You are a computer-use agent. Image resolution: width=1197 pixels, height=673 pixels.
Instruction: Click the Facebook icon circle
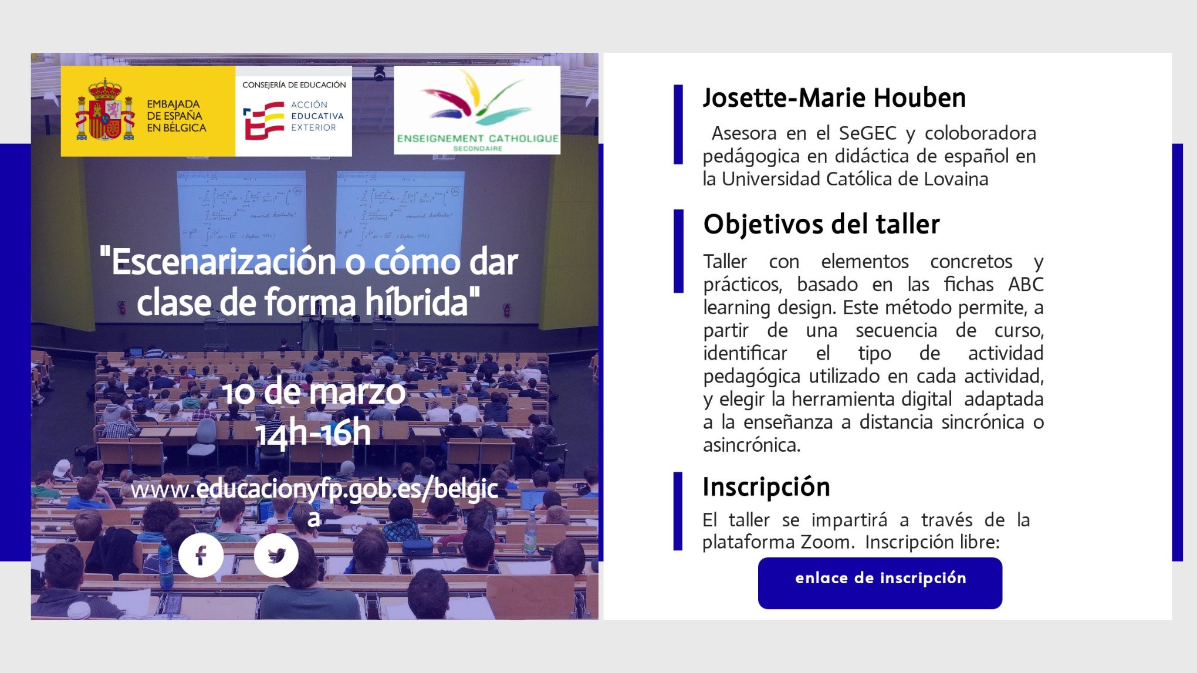[x=201, y=555]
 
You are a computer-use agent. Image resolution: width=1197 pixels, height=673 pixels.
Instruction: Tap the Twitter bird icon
[x=276, y=555]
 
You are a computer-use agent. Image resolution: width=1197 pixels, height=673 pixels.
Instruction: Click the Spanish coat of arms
[x=105, y=111]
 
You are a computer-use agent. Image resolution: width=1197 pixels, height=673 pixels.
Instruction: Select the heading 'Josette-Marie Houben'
[x=834, y=98]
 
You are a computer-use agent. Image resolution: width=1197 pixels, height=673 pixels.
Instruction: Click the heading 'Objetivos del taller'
[x=821, y=225]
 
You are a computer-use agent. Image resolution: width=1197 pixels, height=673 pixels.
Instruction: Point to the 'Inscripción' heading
[x=766, y=487]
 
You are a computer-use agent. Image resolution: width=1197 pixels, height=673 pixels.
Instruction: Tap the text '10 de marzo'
[x=314, y=392]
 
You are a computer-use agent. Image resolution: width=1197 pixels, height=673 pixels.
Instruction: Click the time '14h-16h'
[x=313, y=434]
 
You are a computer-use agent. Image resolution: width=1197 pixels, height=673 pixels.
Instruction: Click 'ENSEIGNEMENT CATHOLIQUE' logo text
[x=477, y=138]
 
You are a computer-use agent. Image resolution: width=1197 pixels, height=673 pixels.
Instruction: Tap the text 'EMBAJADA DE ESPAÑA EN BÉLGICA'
[x=176, y=116]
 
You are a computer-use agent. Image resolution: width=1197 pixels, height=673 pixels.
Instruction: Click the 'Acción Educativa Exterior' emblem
[x=264, y=120]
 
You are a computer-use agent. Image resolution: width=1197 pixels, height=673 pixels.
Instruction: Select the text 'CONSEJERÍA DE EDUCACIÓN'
[x=294, y=85]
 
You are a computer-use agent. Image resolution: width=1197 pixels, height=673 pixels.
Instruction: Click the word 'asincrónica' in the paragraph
[x=751, y=445]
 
